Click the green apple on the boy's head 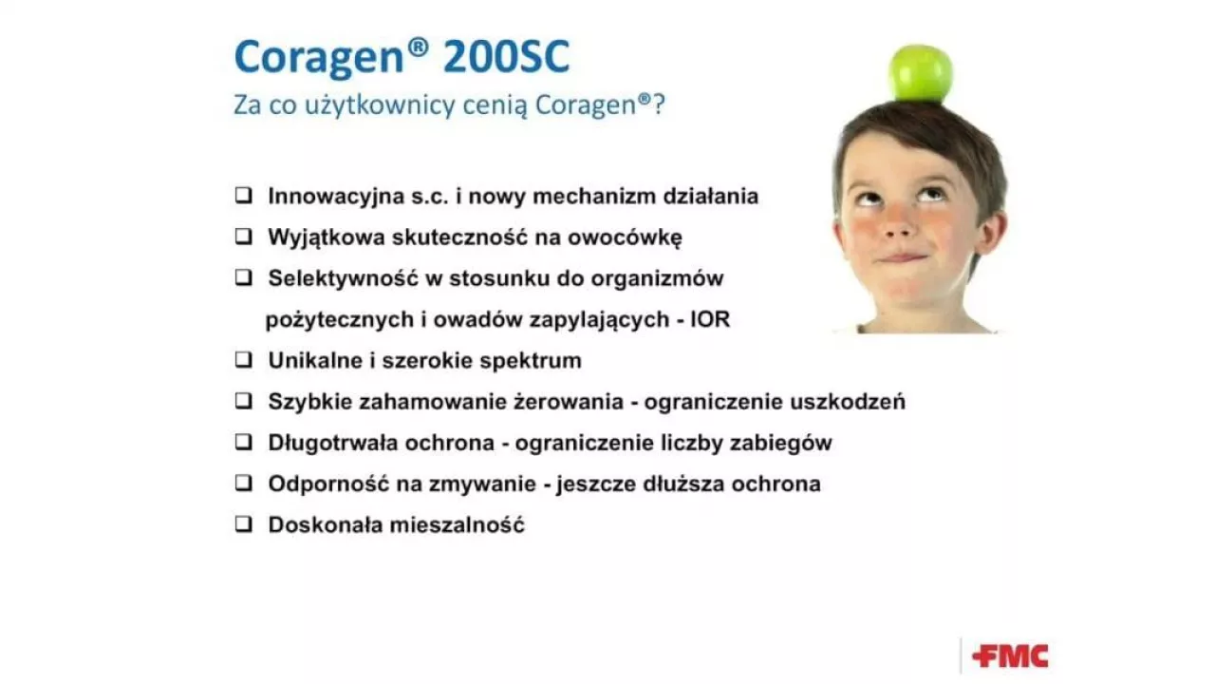point(920,74)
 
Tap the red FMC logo point(1010,656)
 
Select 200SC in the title point(507,56)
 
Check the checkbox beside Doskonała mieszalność point(244,523)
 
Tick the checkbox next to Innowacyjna point(244,195)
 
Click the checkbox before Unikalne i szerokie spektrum point(244,359)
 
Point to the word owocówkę point(625,237)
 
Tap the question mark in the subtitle point(659,104)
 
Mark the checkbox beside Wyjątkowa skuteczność point(244,237)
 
